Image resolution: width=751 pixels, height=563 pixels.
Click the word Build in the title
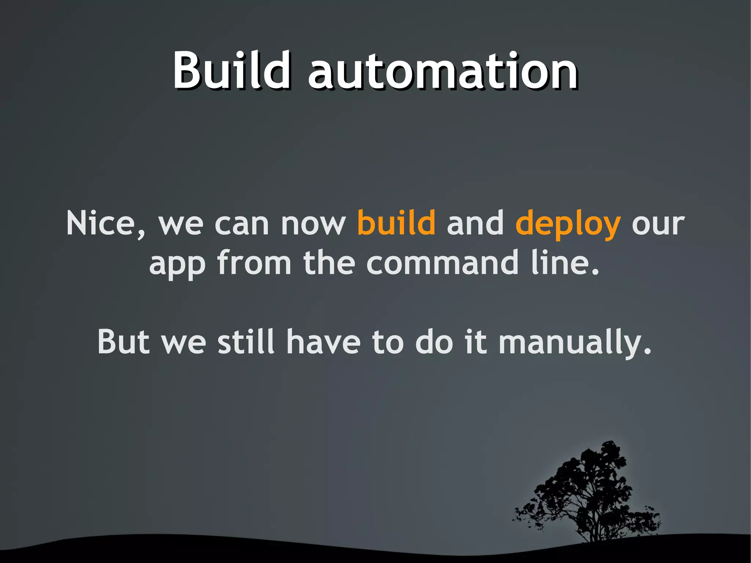tap(232, 70)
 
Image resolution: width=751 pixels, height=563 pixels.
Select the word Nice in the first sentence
tap(106, 224)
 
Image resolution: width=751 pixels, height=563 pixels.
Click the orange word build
tap(396, 223)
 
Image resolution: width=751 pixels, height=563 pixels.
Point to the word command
tap(442, 263)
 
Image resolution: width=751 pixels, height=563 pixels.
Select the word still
tap(246, 342)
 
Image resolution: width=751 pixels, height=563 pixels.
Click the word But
tap(124, 342)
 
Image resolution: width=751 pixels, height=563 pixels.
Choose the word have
tap(323, 342)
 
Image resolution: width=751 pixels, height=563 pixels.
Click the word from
tap(254, 263)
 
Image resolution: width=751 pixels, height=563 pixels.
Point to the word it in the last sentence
tap(476, 342)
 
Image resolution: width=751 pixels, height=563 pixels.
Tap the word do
tap(434, 342)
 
